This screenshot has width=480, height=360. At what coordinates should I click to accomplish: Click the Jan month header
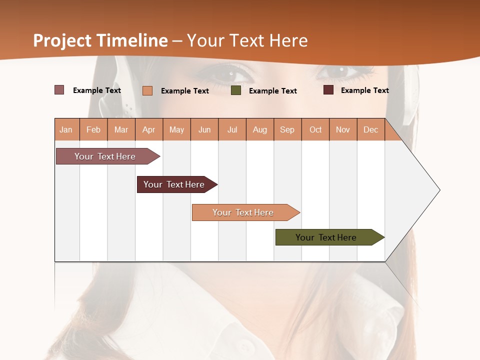(x=66, y=129)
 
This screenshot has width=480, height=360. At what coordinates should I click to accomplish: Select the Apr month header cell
(x=149, y=129)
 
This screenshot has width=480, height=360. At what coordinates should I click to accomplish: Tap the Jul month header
(x=232, y=129)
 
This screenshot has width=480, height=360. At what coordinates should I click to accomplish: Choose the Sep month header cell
(x=287, y=129)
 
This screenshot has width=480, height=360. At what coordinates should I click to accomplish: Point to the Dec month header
(x=370, y=129)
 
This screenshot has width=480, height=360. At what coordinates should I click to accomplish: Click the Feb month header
(x=93, y=129)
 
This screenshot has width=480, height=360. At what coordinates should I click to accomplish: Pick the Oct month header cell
(x=315, y=129)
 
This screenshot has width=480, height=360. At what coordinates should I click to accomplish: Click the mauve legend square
(x=59, y=90)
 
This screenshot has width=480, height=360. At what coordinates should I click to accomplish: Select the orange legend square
(x=147, y=90)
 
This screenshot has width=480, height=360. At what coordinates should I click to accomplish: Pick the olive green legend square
(x=236, y=90)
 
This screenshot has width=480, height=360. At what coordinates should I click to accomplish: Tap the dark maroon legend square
(x=328, y=90)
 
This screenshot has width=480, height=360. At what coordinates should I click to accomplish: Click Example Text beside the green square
(x=272, y=91)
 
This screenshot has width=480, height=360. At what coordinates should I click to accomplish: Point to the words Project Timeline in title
(x=100, y=40)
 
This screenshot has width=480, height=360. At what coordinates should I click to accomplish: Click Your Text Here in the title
(x=247, y=40)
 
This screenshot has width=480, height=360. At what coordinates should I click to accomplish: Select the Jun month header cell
(x=204, y=129)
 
